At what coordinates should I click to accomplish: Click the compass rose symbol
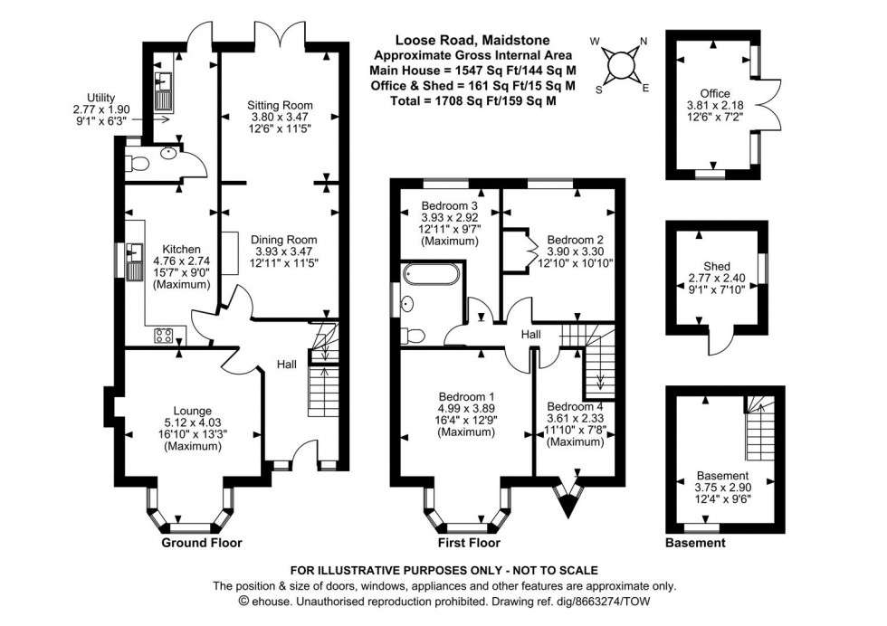pos(621,64)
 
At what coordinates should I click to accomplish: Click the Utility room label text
pos(101,97)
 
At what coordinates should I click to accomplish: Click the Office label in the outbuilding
pos(715,93)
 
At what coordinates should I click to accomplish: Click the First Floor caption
pos(469,543)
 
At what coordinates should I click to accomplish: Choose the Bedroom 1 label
pos(466,397)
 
